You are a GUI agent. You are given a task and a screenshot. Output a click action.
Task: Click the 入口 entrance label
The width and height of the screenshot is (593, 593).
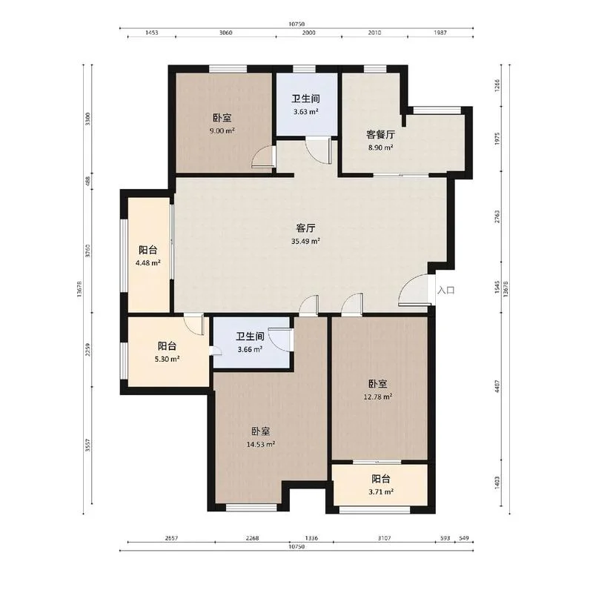click(446, 291)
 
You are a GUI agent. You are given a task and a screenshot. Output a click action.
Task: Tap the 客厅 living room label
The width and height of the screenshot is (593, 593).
click(305, 228)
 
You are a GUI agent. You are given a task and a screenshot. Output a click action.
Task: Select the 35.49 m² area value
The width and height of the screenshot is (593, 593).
click(305, 241)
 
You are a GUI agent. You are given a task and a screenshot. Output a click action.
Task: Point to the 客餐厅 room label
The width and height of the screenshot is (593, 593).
click(380, 134)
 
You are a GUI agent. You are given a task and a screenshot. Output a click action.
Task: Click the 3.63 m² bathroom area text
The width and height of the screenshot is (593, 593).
click(305, 112)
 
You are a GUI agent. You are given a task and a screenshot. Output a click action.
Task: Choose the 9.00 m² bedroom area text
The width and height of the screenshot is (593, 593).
click(222, 131)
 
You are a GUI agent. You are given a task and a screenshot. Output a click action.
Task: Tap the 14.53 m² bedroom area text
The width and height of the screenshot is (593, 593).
click(261, 444)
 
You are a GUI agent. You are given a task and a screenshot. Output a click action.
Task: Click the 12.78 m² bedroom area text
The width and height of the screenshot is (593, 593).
click(378, 397)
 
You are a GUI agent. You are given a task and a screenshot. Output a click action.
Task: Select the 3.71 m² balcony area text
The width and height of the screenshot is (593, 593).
click(381, 491)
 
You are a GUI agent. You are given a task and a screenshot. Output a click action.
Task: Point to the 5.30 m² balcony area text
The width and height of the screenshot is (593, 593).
click(167, 359)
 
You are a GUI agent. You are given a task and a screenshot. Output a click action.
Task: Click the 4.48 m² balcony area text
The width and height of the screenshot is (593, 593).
click(148, 262)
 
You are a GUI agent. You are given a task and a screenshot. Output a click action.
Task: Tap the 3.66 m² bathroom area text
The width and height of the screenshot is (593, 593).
click(250, 349)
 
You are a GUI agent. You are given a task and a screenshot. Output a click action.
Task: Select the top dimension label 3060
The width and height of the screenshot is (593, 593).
click(226, 33)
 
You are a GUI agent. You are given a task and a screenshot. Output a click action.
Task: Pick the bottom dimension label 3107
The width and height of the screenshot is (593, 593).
click(384, 538)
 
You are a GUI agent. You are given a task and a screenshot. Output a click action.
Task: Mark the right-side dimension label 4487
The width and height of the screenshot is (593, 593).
click(497, 386)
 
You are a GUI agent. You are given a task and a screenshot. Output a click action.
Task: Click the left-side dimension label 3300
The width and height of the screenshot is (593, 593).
click(88, 119)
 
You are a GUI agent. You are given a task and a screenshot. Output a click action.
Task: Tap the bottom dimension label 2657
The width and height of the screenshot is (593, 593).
click(171, 538)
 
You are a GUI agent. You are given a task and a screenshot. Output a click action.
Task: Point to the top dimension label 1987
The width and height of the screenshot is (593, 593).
click(440, 33)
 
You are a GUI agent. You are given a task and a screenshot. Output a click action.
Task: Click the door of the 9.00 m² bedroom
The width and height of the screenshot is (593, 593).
click(263, 156)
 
